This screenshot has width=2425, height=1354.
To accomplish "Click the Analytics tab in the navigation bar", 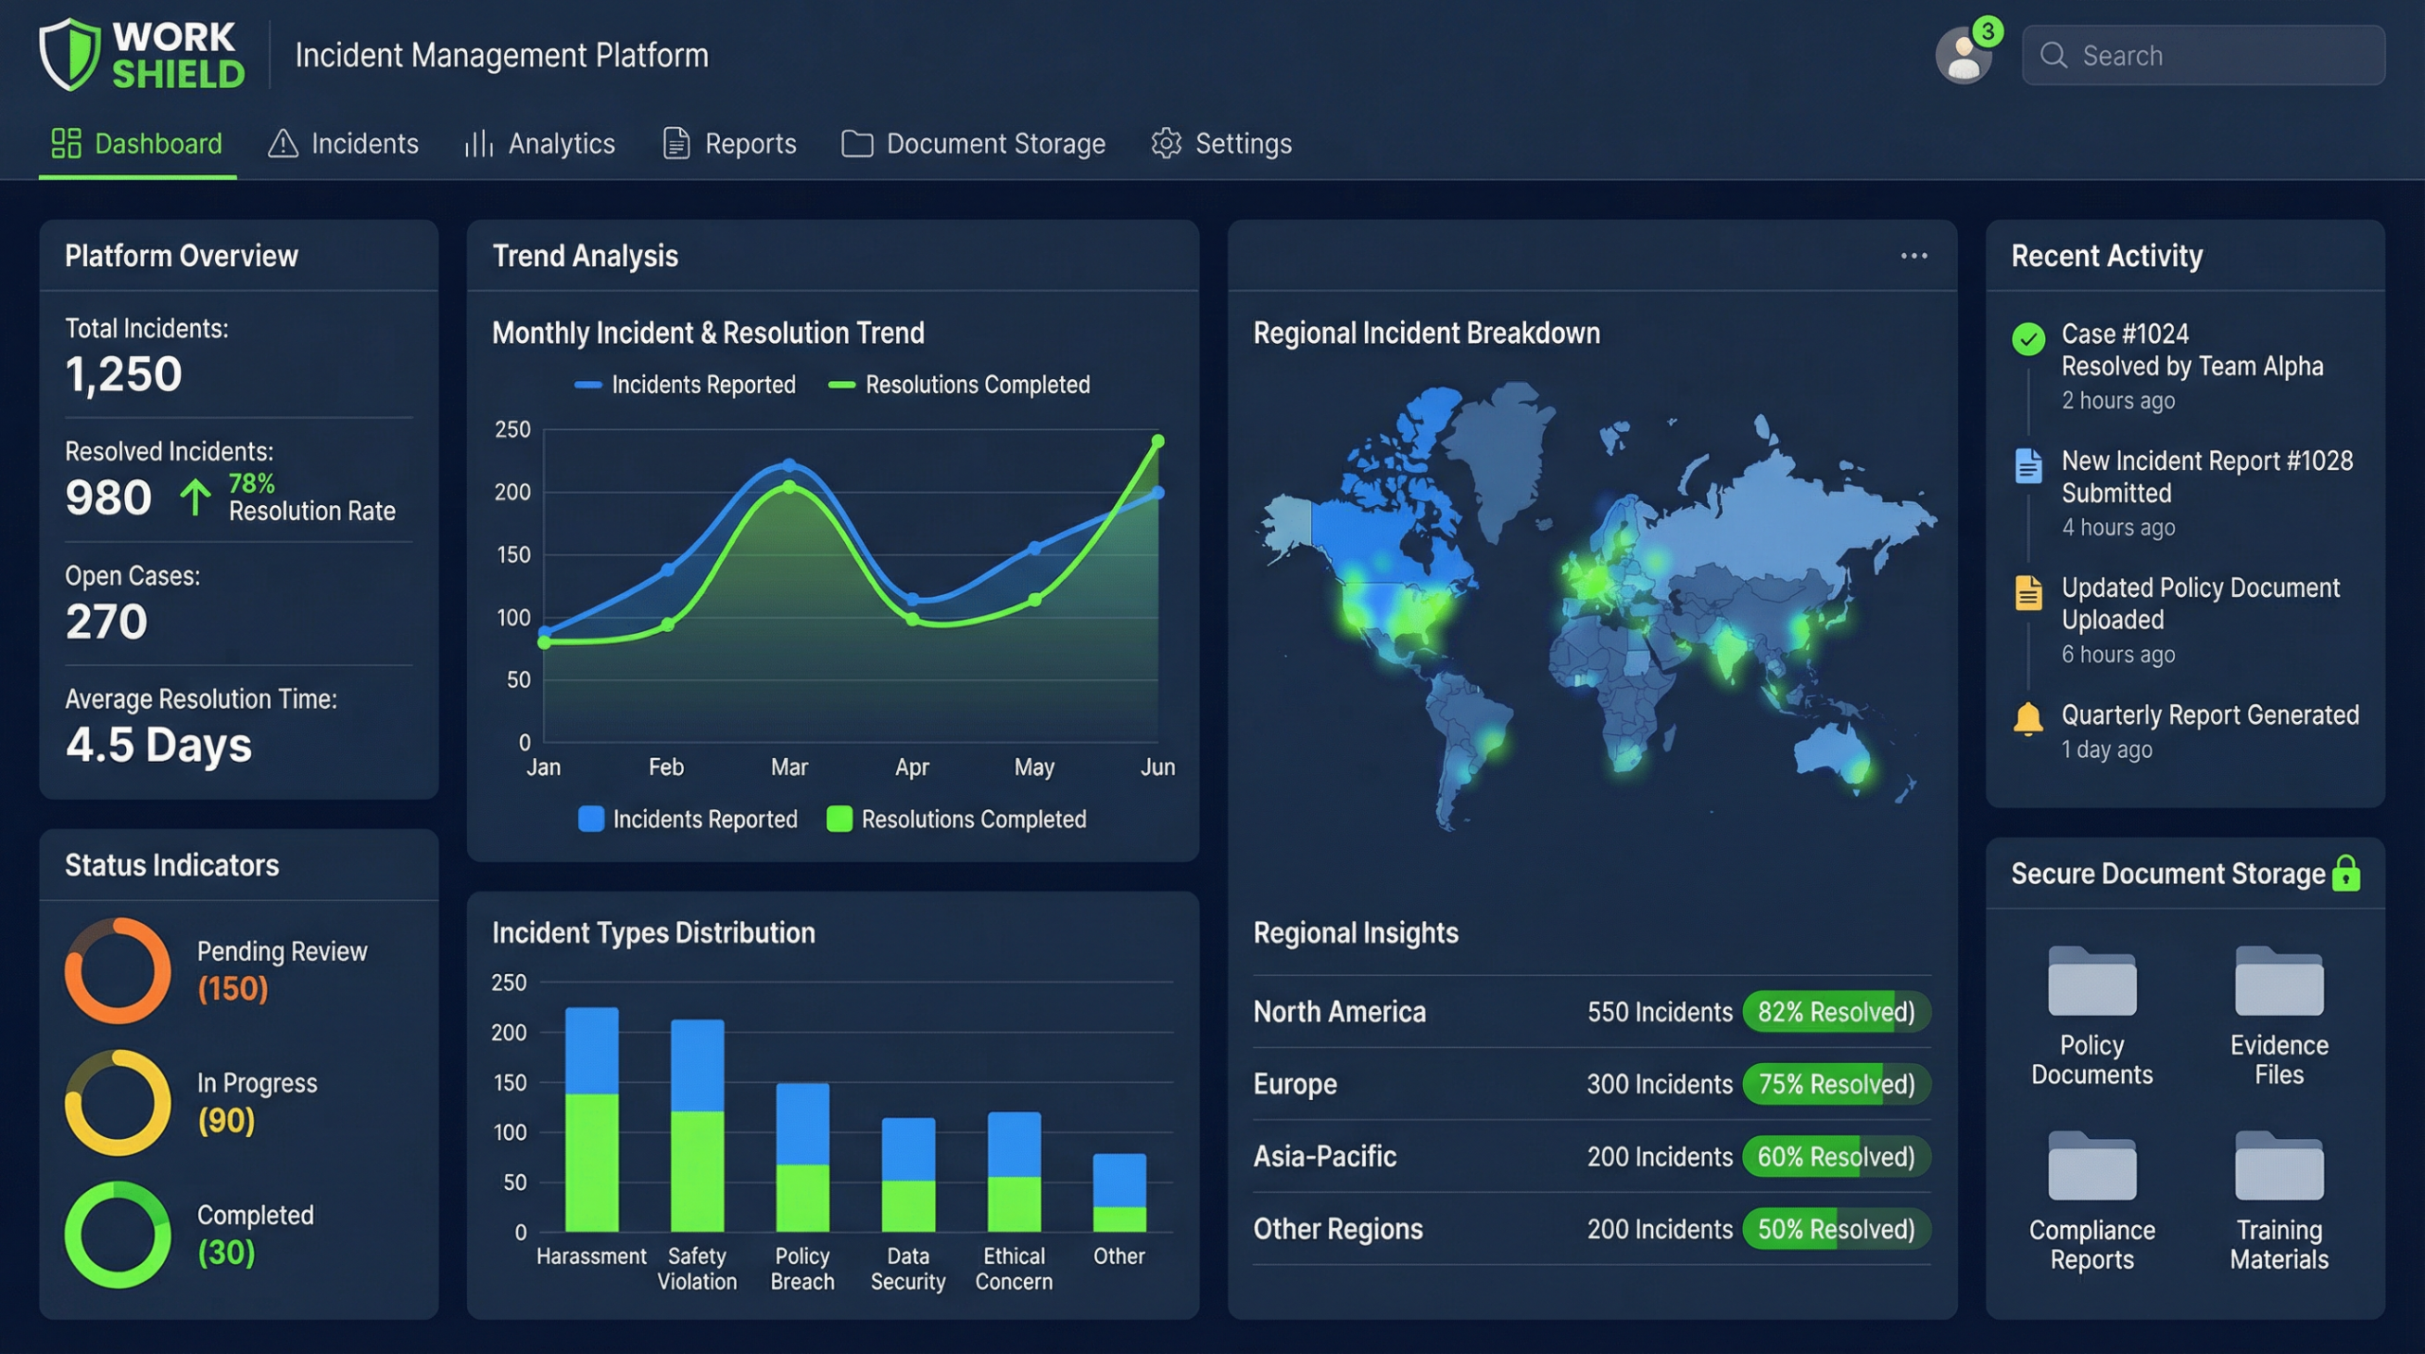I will pos(540,144).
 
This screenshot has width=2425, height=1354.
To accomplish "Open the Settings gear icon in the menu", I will pos(1166,144).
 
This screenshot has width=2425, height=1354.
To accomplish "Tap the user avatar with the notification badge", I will pos(1963,56).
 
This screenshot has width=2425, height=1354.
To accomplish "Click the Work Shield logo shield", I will pos(69,55).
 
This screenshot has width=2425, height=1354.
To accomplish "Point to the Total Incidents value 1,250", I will pos(123,374).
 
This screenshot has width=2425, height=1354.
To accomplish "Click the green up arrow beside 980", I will pos(195,497).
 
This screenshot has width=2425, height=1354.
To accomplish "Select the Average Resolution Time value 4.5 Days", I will pos(158,745).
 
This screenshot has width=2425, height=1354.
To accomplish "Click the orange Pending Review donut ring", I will pos(117,970).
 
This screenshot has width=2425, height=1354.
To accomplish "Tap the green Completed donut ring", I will pos(117,1235).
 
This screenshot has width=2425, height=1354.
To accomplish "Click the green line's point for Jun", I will pos(1158,442).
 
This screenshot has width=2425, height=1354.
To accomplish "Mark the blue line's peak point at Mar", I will pos(789,465).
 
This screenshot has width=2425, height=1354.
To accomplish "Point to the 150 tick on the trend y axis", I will pos(513,555).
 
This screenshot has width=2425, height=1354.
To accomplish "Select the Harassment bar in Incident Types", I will pos(592,1120).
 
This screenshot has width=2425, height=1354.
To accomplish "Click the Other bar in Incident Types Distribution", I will pos(1119,1193).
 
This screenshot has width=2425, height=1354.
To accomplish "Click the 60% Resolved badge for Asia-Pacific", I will pos(1836,1157).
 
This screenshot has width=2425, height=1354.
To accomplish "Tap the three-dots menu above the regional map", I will pos(1913,256).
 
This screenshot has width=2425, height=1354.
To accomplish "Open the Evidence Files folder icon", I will pos(2278,982).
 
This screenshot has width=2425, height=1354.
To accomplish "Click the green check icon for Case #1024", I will pos(2028,339).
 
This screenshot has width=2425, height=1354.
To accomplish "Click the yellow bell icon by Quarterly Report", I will pos(2028,719).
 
